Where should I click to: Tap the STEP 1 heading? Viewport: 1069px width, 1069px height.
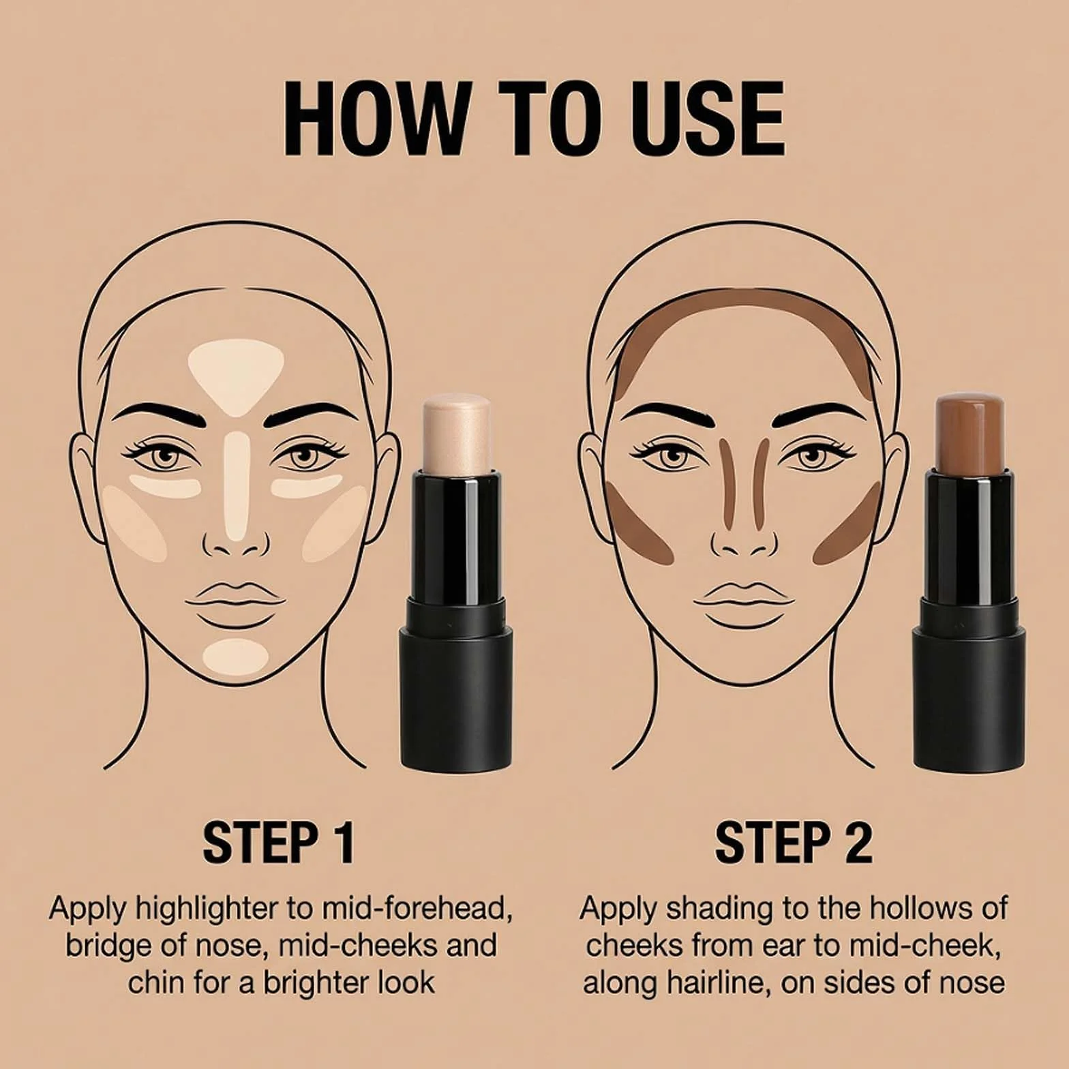point(279,843)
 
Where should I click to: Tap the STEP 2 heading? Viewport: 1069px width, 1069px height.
point(794,843)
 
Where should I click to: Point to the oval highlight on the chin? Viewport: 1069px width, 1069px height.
point(235,656)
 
